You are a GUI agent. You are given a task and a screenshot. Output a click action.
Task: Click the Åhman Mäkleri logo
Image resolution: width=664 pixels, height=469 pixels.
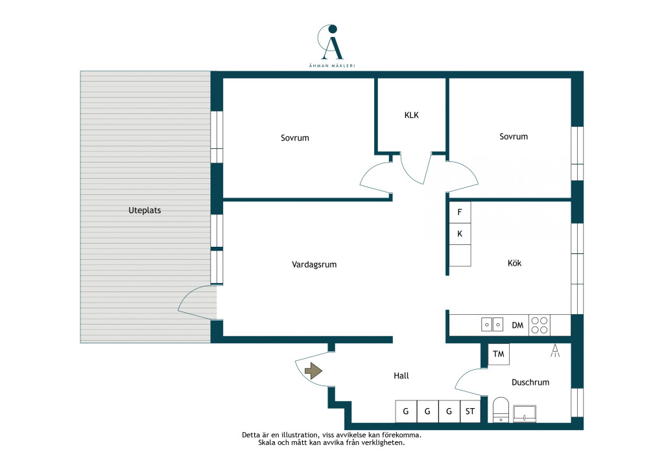pos(331,46)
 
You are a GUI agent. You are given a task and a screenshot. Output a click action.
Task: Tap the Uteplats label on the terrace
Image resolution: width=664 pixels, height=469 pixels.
pos(145,210)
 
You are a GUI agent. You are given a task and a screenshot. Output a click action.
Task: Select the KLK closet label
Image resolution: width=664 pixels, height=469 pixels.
pos(411,115)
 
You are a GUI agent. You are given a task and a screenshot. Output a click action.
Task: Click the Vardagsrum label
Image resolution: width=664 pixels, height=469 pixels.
pos(314,265)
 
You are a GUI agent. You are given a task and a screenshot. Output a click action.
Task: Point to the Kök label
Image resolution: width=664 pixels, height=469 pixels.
pos(514,263)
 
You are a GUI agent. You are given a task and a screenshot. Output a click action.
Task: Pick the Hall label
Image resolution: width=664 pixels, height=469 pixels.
pos(401,376)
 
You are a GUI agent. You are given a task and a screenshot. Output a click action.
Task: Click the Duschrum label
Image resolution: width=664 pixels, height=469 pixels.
pos(530,382)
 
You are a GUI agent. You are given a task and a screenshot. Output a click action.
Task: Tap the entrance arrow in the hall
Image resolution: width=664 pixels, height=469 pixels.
pos(313,371)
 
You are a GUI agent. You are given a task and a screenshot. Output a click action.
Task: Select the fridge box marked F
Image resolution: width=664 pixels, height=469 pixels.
pos(460,212)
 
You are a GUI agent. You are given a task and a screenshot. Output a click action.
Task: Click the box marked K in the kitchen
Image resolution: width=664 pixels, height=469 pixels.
pos(460,234)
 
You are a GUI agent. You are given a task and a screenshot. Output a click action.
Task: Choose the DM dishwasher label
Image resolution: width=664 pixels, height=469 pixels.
pos(517,325)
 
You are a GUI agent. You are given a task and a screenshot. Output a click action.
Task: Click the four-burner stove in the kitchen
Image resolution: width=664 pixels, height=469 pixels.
pos(539,325)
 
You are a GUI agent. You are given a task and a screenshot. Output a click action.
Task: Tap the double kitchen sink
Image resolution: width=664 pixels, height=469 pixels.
pos(492,325)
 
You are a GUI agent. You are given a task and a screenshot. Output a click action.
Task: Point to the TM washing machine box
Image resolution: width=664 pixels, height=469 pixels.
pos(499,354)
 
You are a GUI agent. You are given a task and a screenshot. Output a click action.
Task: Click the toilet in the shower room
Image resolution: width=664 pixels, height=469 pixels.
pos(501,409)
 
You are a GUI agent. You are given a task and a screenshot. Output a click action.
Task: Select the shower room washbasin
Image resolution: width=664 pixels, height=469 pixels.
pos(525,413)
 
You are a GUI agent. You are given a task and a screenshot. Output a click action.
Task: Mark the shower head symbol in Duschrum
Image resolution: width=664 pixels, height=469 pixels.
pos(555,350)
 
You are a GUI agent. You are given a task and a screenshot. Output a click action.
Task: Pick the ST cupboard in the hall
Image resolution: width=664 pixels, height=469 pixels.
pos(470,411)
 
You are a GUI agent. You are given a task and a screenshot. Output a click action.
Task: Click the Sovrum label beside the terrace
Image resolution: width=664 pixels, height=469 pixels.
pos(295,138)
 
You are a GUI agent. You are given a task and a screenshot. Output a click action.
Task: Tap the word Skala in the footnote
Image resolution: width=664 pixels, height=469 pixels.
pos(268,443)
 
